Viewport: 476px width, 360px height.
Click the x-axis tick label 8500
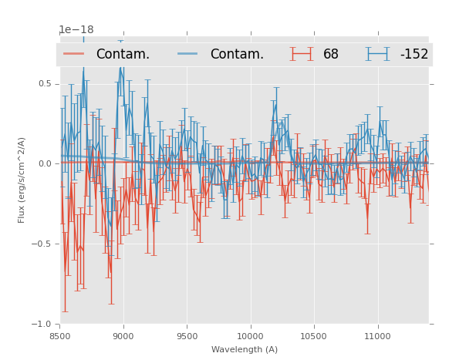tap(60, 336)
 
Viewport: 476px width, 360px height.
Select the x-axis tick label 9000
tap(123, 336)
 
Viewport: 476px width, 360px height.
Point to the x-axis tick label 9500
tap(187, 336)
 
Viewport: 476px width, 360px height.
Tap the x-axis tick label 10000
tap(250, 336)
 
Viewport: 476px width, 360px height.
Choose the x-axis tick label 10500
tap(313, 336)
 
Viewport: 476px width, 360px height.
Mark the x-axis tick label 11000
tap(376, 336)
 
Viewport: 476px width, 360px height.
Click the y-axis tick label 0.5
tap(45, 83)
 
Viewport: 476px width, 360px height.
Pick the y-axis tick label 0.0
tap(45, 163)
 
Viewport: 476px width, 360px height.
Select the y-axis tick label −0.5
tap(42, 244)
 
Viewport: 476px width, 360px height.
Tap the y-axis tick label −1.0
tap(42, 324)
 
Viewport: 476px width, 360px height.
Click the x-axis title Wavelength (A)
tap(245, 349)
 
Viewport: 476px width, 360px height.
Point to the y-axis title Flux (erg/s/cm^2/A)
tap(22, 180)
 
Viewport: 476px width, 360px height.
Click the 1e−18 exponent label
tap(76, 30)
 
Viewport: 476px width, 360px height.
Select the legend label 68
tap(331, 55)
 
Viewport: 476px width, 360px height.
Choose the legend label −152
tap(414, 55)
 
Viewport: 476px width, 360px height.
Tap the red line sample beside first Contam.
tap(75, 54)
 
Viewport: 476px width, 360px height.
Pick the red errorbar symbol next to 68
tap(302, 54)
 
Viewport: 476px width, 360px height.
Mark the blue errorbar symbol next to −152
tap(378, 54)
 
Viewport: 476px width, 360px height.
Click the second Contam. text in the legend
tap(237, 55)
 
